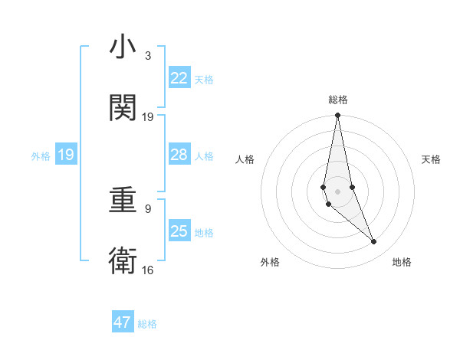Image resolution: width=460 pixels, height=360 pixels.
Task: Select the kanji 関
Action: [123, 108]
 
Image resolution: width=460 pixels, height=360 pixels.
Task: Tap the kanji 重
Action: [123, 201]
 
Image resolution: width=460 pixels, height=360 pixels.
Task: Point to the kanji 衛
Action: [123, 260]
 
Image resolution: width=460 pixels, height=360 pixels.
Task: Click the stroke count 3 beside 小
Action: [147, 56]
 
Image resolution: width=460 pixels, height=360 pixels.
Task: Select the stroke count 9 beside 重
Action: [147, 208]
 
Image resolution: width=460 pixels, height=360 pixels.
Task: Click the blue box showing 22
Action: [179, 78]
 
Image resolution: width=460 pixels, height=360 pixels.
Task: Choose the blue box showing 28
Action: [179, 155]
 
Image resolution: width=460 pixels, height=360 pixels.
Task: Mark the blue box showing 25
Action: [179, 231]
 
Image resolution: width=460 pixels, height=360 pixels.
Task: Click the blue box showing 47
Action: [123, 322]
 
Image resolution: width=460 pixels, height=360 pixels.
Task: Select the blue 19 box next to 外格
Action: [65, 155]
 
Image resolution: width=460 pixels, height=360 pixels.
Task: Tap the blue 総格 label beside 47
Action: [147, 324]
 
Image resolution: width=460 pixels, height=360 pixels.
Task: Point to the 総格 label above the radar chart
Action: [337, 100]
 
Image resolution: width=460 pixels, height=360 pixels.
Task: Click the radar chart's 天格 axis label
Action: [432, 159]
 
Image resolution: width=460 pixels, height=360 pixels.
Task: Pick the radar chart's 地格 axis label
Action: [402, 262]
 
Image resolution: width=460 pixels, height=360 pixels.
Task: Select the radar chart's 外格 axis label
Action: [270, 262]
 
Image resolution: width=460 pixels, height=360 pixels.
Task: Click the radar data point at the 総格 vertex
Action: [337, 116]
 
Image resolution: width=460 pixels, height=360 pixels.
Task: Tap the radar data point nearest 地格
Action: [374, 242]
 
